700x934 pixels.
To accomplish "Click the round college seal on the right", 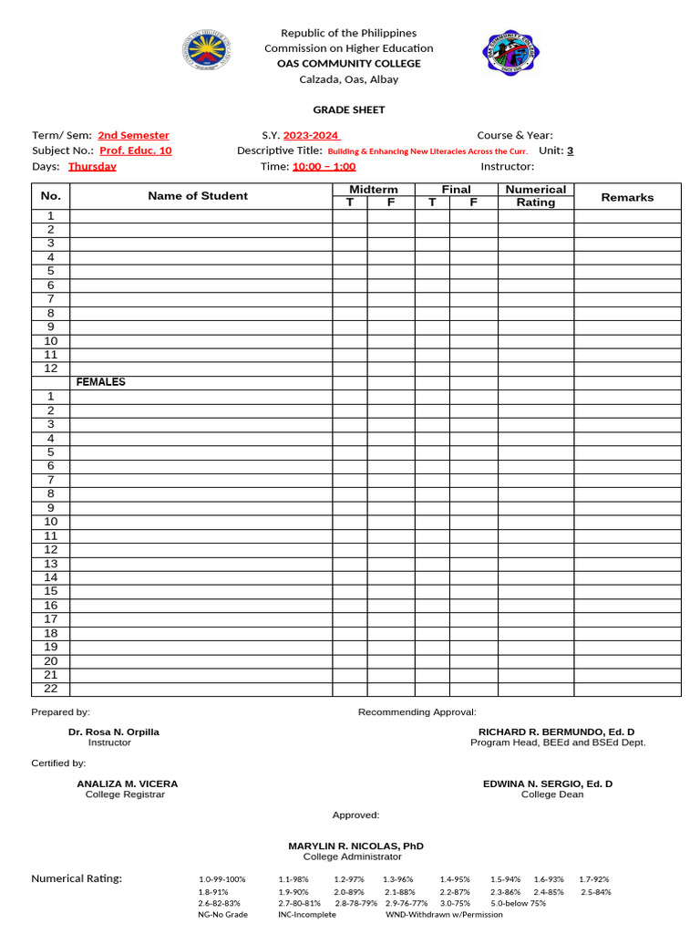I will (x=510, y=54).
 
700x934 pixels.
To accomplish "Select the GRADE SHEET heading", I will (x=349, y=109).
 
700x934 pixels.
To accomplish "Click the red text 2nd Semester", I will (x=133, y=135).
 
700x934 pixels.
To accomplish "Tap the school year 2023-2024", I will (x=311, y=135).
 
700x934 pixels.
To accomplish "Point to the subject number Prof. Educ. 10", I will (x=135, y=150).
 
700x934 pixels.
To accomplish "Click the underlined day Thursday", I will (x=92, y=166).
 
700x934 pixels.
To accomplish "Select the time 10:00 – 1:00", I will (x=324, y=166).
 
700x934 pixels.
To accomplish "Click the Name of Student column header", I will (x=198, y=195).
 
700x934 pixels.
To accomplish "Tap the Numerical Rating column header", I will (x=535, y=195).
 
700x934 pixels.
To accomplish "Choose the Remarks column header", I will (x=627, y=196).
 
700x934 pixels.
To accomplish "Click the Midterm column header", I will (x=374, y=189).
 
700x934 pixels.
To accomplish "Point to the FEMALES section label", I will (x=101, y=382).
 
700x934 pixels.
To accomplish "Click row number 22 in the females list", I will (x=51, y=689).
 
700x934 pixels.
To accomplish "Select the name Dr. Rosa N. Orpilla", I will (x=114, y=732).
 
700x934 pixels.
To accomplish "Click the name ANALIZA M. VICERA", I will (x=128, y=784).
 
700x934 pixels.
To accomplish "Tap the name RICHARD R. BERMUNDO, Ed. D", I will (x=557, y=732).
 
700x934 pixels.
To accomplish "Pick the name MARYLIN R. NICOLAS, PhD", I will (x=355, y=846).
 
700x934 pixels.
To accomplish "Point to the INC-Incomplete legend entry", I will (x=307, y=914).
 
